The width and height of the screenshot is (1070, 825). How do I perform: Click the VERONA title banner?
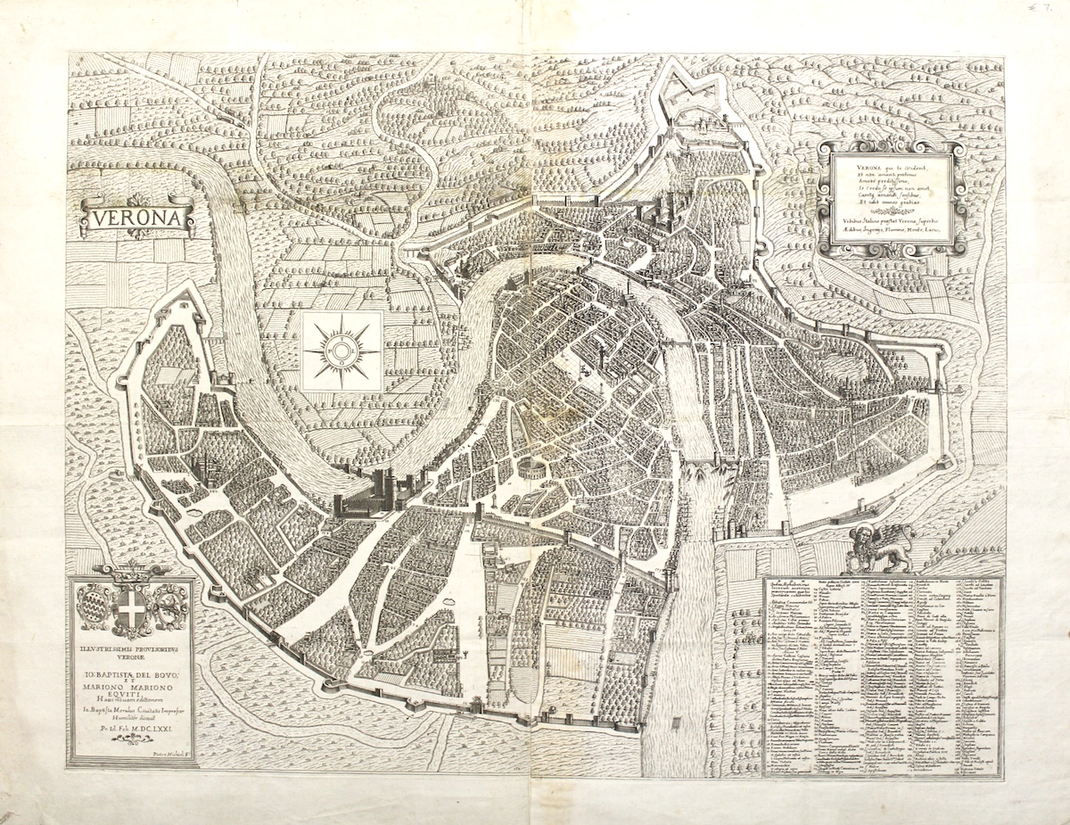[x=137, y=218]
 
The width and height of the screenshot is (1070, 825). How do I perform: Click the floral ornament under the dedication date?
[x=132, y=739]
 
